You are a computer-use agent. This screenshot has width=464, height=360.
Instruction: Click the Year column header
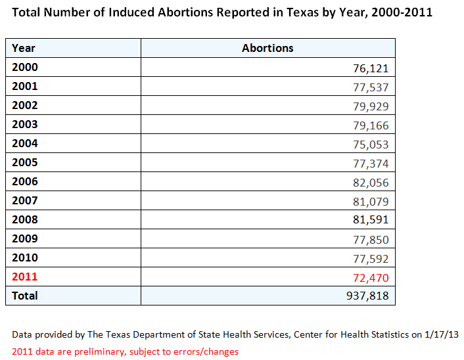[24, 48]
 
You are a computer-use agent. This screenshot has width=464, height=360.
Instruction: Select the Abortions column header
[267, 48]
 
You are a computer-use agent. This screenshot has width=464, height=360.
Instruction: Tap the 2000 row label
[25, 67]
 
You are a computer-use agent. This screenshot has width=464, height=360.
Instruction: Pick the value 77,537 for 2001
[371, 87]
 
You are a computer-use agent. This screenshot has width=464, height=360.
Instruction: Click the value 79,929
[371, 106]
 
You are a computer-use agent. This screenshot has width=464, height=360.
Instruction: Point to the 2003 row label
[25, 124]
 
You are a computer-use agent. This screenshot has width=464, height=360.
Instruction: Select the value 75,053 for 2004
[371, 145]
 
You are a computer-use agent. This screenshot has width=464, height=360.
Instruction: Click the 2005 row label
[25, 162]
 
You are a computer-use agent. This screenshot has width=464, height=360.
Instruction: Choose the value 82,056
[371, 183]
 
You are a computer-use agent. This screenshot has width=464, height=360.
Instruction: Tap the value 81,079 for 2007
[371, 202]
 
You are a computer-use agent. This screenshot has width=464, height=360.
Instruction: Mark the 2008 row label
[25, 219]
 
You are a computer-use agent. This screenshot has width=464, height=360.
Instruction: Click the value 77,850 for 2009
[371, 240]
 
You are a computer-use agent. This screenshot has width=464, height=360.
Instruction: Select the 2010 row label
[25, 258]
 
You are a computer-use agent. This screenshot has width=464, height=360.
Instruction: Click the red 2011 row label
[25, 277]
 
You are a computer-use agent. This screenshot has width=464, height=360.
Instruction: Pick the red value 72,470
[371, 278]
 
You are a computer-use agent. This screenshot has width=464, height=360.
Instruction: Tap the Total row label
[25, 296]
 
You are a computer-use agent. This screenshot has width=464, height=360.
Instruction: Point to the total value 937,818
[367, 296]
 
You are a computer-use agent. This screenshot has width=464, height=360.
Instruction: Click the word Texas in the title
[303, 12]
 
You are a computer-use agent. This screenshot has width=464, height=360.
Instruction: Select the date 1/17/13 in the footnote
[441, 334]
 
